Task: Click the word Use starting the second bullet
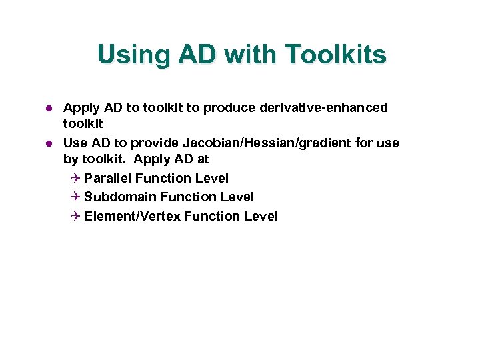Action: (75, 143)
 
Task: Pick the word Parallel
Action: (108, 178)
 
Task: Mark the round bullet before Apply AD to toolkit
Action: (48, 107)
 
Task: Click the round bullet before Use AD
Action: (48, 143)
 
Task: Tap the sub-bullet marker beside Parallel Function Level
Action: (75, 178)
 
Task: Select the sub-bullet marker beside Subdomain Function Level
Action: (75, 197)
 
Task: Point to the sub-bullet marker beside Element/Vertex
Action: (75, 216)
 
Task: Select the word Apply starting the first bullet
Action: (80, 107)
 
